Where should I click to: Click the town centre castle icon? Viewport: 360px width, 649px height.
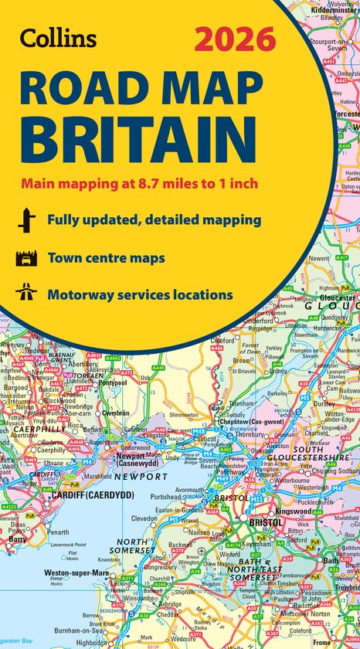point(25,257)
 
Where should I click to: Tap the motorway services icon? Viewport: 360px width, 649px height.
point(25,294)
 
